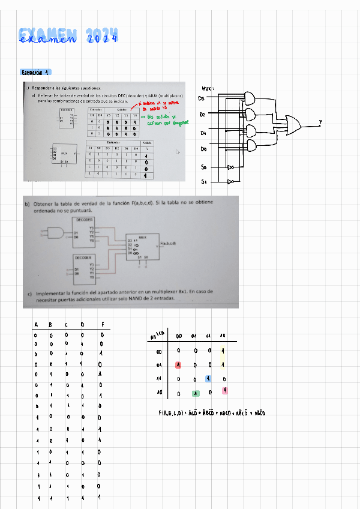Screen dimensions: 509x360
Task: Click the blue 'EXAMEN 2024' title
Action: (x=68, y=36)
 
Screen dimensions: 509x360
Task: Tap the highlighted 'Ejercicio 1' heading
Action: (x=35, y=71)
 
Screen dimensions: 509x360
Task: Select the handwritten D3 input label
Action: (x=202, y=98)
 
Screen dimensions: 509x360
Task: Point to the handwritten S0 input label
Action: (x=203, y=167)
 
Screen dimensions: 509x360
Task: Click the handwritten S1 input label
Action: (x=203, y=181)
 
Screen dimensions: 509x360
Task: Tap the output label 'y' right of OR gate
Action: (x=320, y=122)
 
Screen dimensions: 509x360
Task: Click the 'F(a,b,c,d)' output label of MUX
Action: (x=168, y=243)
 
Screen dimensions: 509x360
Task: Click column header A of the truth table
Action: (x=36, y=325)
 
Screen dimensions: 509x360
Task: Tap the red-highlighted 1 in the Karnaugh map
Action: (x=178, y=365)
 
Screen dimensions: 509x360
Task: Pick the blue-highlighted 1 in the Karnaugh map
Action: (x=208, y=378)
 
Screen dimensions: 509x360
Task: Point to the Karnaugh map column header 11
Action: (x=208, y=336)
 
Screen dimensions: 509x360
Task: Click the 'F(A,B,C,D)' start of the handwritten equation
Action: (x=170, y=413)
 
